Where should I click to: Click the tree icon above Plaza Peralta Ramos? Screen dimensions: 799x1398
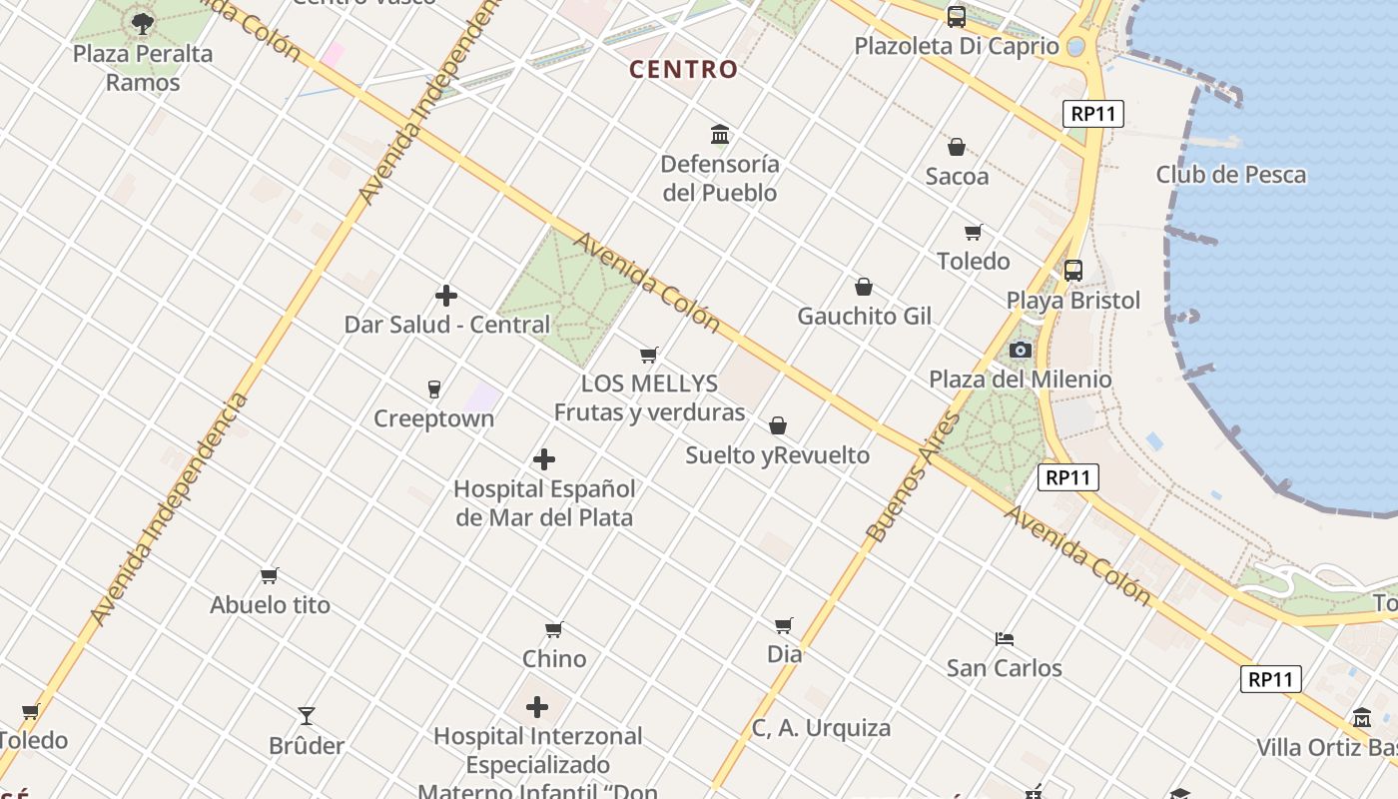143,22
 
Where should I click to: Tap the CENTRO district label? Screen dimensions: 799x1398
684,70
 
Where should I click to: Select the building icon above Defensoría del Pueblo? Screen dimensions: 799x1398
720,134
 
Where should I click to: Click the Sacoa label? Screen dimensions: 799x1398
957,177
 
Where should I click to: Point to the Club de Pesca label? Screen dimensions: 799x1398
1230,175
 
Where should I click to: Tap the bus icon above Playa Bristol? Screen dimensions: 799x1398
1073,270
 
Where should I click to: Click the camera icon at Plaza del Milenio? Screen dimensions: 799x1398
1020,350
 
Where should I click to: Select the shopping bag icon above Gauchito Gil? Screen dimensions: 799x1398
864,288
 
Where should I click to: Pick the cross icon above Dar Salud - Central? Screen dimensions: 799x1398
446,296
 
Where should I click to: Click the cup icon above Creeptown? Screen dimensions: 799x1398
433,389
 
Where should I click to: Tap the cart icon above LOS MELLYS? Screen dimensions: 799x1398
649,355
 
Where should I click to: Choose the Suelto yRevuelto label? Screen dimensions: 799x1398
777,455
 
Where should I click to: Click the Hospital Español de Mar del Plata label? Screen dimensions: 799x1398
544,503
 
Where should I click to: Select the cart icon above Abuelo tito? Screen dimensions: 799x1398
269,575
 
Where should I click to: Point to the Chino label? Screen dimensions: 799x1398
554,659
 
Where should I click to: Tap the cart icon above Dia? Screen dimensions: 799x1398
784,625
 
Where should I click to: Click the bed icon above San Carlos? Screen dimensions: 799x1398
1005,638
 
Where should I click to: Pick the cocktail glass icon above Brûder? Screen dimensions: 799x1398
307,716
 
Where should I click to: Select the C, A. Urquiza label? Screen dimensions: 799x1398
821,728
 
